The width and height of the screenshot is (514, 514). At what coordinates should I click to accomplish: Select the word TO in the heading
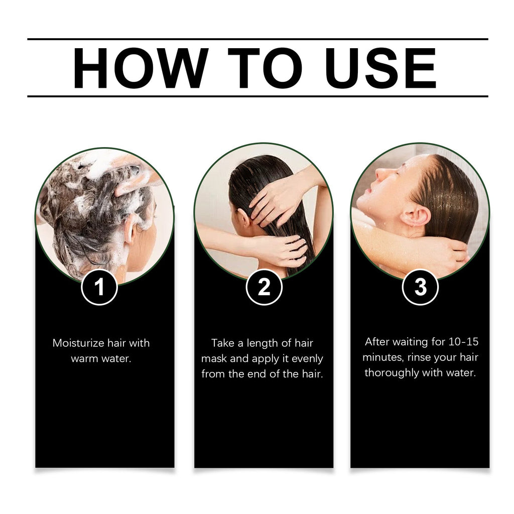265,68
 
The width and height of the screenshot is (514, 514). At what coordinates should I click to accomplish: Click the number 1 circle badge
99,287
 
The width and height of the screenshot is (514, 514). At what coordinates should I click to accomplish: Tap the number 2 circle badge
264,287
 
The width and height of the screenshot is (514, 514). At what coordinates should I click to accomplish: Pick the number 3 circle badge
421,287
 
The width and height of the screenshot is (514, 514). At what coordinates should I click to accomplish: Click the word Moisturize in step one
78,344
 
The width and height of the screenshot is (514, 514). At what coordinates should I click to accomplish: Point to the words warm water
101,359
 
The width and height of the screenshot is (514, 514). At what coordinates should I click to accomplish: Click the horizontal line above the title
257,39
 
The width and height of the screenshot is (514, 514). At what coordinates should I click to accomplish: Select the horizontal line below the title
257,96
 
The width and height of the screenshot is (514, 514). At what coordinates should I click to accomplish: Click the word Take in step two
223,343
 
